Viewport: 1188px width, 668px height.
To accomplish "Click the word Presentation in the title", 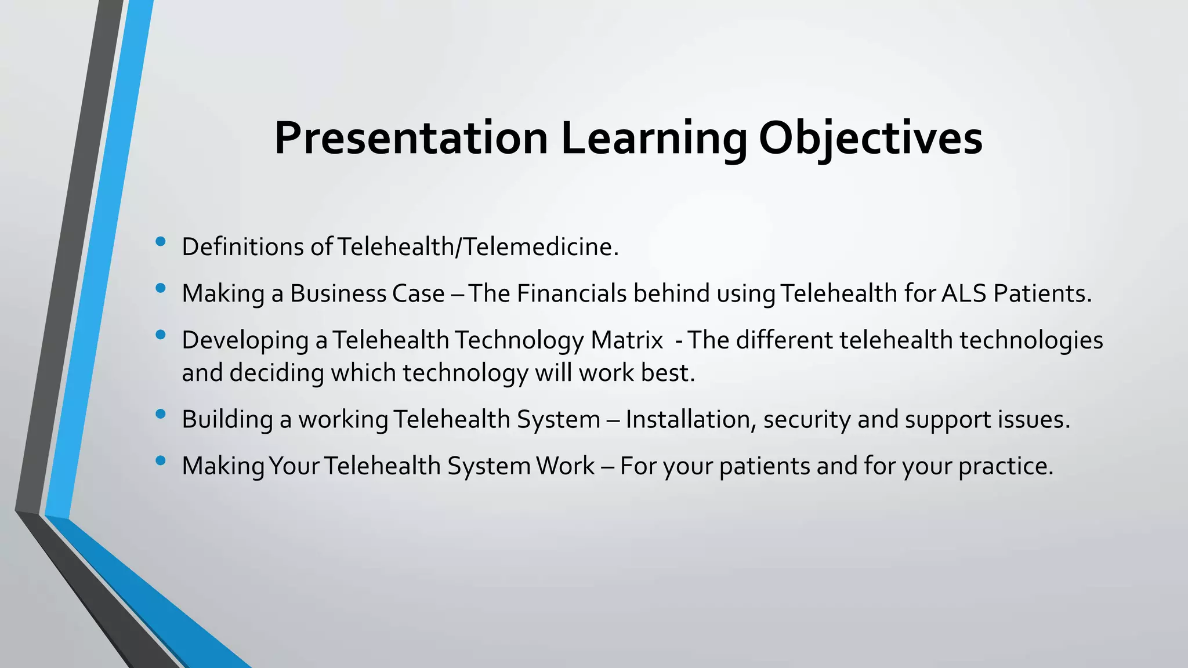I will click(x=411, y=139).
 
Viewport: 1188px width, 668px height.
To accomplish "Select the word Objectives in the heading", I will click(x=870, y=139).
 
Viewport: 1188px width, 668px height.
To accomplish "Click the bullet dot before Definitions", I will click(x=161, y=241).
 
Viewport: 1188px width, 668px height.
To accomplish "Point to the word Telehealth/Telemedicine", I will click(x=477, y=247).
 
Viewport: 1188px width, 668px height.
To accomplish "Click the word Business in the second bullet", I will click(x=338, y=293).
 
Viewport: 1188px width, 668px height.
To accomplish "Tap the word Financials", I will click(x=571, y=293).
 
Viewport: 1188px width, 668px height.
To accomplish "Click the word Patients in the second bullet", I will click(x=1041, y=293).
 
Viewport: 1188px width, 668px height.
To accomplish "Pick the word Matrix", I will click(x=626, y=340).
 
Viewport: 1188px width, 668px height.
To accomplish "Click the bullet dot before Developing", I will click(x=161, y=335).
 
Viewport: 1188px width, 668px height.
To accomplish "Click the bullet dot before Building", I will click(x=161, y=414).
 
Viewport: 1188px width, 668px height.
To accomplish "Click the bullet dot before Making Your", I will click(x=161, y=461).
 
